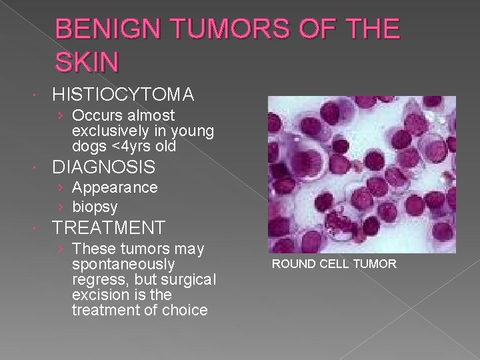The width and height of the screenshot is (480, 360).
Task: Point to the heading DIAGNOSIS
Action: pos(104,167)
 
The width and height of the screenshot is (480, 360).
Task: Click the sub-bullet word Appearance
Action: pos(115,187)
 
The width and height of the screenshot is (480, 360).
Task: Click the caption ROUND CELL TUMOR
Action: pos(333,264)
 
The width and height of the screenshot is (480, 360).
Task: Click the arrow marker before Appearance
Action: pos(61,187)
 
